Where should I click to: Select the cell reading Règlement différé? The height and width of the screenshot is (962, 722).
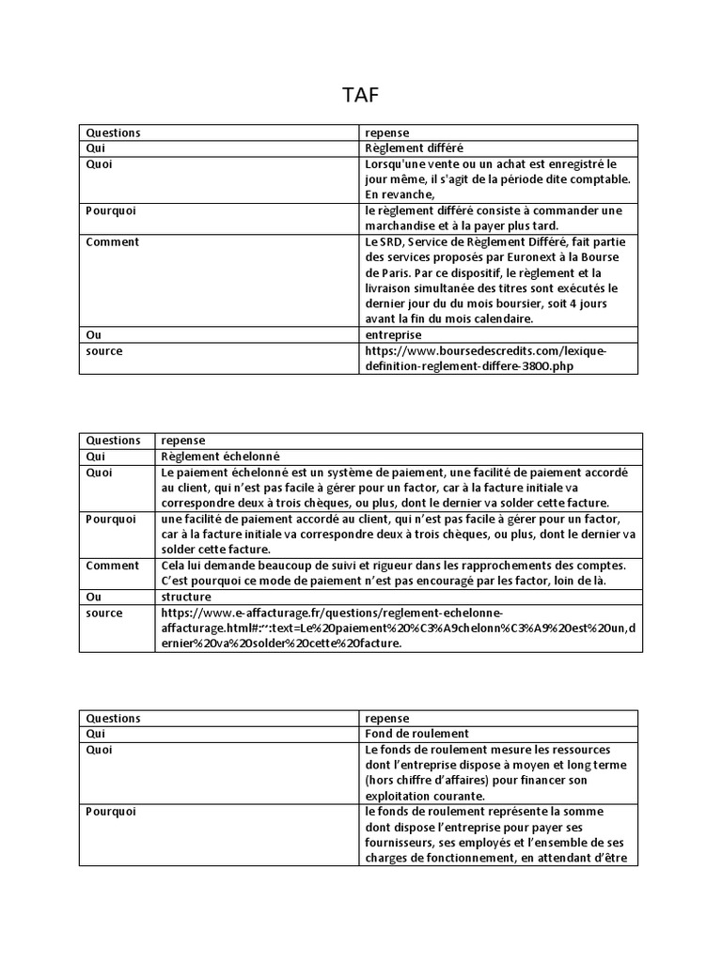[413, 148]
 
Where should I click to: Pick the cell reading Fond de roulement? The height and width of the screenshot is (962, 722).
[416, 734]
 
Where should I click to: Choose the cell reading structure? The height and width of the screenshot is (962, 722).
[186, 597]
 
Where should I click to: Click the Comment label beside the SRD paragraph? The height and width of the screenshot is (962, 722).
[112, 242]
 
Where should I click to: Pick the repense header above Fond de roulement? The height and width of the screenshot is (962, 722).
[386, 719]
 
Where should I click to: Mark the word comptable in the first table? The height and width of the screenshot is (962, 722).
[602, 179]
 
